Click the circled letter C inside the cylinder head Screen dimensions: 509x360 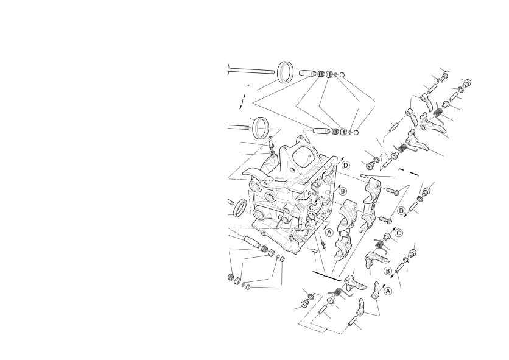coord(311,208)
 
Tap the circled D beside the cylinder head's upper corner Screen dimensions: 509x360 coord(346,165)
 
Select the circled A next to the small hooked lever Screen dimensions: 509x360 coord(388,291)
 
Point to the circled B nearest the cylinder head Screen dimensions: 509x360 coord(343,192)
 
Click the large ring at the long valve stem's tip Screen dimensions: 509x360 coord(286,72)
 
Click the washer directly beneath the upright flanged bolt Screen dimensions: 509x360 coord(272,152)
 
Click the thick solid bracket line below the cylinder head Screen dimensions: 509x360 coord(326,275)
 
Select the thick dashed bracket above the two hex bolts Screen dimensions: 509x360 coord(409,172)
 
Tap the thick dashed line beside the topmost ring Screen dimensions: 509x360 coord(244,96)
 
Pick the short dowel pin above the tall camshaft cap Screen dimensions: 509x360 coord(364,176)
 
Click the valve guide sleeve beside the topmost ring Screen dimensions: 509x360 coord(307,72)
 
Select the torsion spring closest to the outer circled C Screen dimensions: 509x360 coord(380,245)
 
